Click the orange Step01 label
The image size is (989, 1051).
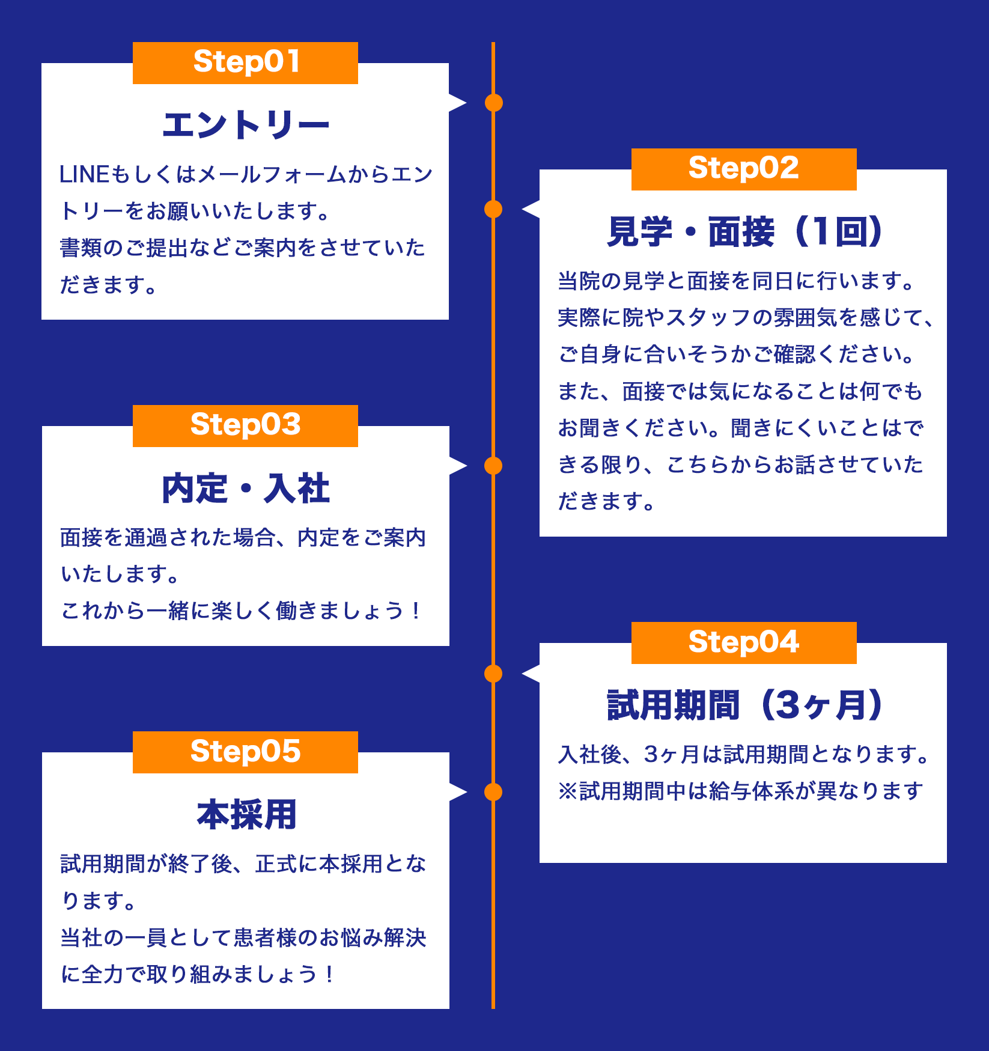pos(245,62)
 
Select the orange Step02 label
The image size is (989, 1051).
pos(743,169)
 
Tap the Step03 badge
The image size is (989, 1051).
pos(245,425)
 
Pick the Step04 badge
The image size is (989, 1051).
pos(743,642)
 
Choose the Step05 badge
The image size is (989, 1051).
pos(245,752)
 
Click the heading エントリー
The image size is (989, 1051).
pos(245,126)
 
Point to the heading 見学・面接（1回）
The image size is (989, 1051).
pos(744,232)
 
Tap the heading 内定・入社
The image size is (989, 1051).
pos(245,489)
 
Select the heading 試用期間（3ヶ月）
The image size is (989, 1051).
pos(744,705)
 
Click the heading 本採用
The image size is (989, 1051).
pos(246,815)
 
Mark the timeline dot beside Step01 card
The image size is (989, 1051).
pos(493,103)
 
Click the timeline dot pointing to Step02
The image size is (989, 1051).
pos(493,209)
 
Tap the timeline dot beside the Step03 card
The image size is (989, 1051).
pos(493,466)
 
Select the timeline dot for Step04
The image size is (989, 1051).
pos(493,674)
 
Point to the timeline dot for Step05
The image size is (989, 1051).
pos(493,792)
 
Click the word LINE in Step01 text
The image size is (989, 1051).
pos(84,175)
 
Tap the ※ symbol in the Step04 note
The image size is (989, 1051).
pos(568,791)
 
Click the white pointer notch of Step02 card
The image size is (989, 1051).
pos(532,209)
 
